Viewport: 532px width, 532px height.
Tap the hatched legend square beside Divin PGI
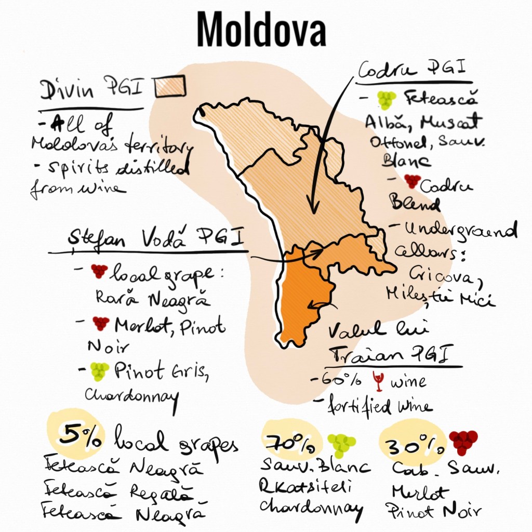(170, 86)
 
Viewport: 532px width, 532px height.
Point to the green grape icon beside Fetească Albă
(386, 100)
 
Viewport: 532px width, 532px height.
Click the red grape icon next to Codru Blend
(412, 181)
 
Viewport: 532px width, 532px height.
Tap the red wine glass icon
(378, 382)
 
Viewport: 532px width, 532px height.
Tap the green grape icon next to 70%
(341, 444)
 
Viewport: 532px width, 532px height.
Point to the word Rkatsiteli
(306, 486)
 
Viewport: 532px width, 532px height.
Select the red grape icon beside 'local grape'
(99, 271)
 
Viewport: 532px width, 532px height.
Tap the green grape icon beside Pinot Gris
(99, 370)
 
